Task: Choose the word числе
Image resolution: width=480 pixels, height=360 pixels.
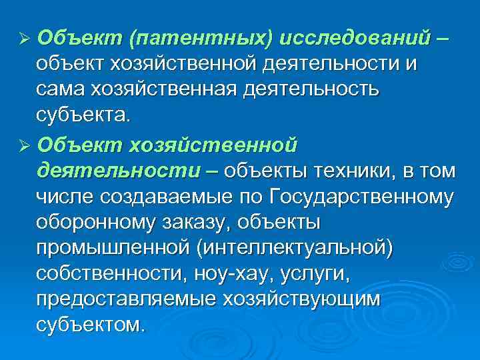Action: (x=67, y=197)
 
